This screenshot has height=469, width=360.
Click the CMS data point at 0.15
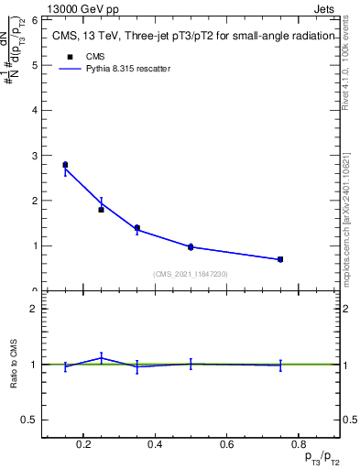click(x=65, y=165)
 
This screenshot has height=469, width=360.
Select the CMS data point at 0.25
click(x=101, y=210)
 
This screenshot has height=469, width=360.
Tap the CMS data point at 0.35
click(x=136, y=228)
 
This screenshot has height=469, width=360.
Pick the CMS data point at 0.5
click(x=191, y=246)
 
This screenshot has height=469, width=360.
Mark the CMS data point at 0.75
click(x=280, y=259)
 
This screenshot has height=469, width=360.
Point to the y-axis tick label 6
click(x=33, y=19)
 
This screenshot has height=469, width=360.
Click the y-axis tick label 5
click(x=33, y=65)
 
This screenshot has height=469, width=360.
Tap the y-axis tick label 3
click(x=33, y=155)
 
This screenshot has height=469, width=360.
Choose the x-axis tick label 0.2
click(x=83, y=444)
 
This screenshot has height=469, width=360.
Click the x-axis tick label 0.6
click(x=226, y=444)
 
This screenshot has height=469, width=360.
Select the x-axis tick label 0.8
click(x=298, y=444)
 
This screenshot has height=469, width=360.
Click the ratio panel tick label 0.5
click(x=29, y=420)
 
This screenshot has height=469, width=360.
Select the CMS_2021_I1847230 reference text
click(x=191, y=274)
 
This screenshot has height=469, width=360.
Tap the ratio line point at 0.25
click(x=101, y=357)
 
